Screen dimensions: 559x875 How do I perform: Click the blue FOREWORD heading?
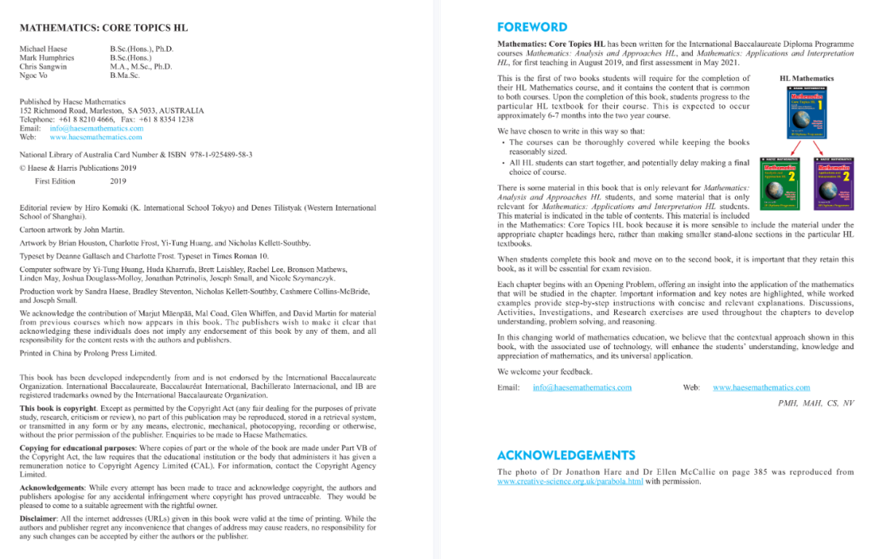click(x=532, y=27)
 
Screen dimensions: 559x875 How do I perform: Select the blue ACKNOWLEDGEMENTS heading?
click(x=566, y=454)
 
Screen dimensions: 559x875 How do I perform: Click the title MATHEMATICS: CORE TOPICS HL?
click(x=104, y=28)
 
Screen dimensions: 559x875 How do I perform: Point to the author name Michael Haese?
click(x=44, y=49)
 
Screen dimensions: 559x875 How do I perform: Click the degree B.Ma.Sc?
click(x=125, y=75)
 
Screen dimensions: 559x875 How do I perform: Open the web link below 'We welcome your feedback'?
click(x=761, y=387)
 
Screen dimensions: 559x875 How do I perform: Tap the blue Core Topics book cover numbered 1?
click(x=805, y=113)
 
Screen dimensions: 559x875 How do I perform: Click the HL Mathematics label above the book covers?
click(x=806, y=79)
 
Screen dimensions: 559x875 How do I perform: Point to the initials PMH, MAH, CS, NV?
click(x=816, y=403)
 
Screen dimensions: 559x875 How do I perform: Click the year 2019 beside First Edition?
click(x=118, y=181)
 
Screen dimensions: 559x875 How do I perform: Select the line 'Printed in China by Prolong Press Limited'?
click(x=88, y=353)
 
